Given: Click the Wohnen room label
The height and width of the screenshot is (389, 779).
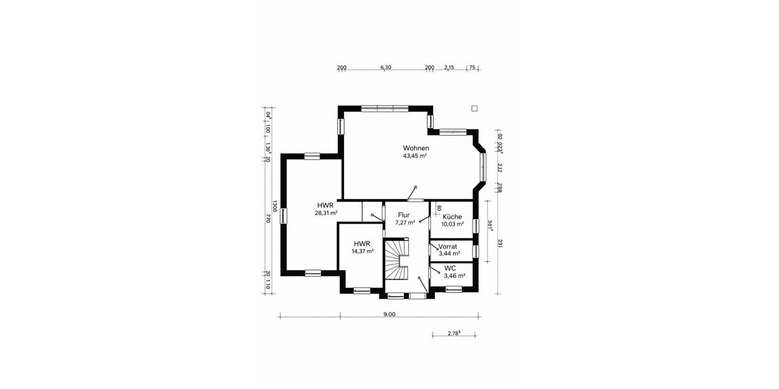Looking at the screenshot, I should point(415,148).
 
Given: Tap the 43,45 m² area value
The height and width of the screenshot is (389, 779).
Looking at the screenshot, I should point(415,156).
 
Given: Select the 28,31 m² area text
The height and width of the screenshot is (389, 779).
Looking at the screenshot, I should point(326,213).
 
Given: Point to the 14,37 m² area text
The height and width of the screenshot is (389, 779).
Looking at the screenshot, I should point(362,252).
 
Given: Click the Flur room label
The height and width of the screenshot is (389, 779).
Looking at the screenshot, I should point(404,215).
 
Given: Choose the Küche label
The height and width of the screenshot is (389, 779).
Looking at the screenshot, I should point(452,217).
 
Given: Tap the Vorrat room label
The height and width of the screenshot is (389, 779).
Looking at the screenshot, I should point(448,247).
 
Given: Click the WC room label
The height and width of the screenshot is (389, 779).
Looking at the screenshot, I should point(450,268).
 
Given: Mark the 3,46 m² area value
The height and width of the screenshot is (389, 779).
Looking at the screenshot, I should point(454,276).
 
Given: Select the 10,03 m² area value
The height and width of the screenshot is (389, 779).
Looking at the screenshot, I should point(452,224).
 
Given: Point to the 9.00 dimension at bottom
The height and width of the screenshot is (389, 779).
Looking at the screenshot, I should point(389,314).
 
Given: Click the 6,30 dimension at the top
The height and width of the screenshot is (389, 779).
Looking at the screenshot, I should point(386,67).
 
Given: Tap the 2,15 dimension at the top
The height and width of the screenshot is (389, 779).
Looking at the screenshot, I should point(449,67).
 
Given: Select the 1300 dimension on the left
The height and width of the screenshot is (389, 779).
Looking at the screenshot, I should point(275,206).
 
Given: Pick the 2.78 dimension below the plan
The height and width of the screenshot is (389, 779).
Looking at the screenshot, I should point(454,333).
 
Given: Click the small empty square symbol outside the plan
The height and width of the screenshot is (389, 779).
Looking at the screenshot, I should point(475,108).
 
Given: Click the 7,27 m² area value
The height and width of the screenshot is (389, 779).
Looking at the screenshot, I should point(405,222).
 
